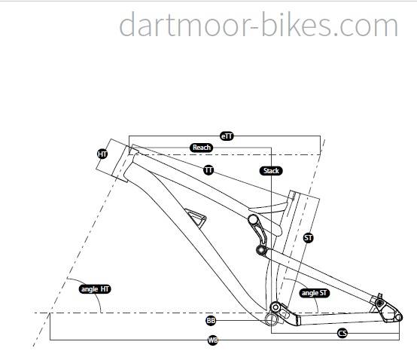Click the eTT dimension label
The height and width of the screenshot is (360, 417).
pos(227,136)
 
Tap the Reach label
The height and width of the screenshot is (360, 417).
pos(201,148)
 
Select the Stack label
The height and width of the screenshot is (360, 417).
pos(271,171)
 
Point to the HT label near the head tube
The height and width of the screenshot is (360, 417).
pos(102,154)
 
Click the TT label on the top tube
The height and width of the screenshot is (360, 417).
pos(208,170)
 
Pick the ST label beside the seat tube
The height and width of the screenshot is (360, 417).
pos(308,237)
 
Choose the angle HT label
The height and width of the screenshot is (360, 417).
pos(95,289)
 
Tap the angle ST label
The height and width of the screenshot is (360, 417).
pos(315,293)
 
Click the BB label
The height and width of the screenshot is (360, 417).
pos(211,320)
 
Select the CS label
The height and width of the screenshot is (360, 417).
pos(342,333)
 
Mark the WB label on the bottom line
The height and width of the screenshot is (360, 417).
pos(213,340)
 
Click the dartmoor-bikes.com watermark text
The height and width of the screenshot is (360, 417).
pos(258,24)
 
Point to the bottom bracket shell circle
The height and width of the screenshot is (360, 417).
pos(271,319)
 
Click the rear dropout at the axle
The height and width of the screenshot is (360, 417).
pos(398,317)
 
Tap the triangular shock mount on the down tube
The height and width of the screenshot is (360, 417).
pos(196,218)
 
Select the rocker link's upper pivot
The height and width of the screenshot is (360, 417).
pos(253,220)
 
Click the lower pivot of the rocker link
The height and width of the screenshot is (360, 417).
pos(261,250)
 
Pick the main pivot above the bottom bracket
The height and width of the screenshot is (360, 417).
pos(275,307)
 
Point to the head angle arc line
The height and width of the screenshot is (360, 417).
pos(90,289)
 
